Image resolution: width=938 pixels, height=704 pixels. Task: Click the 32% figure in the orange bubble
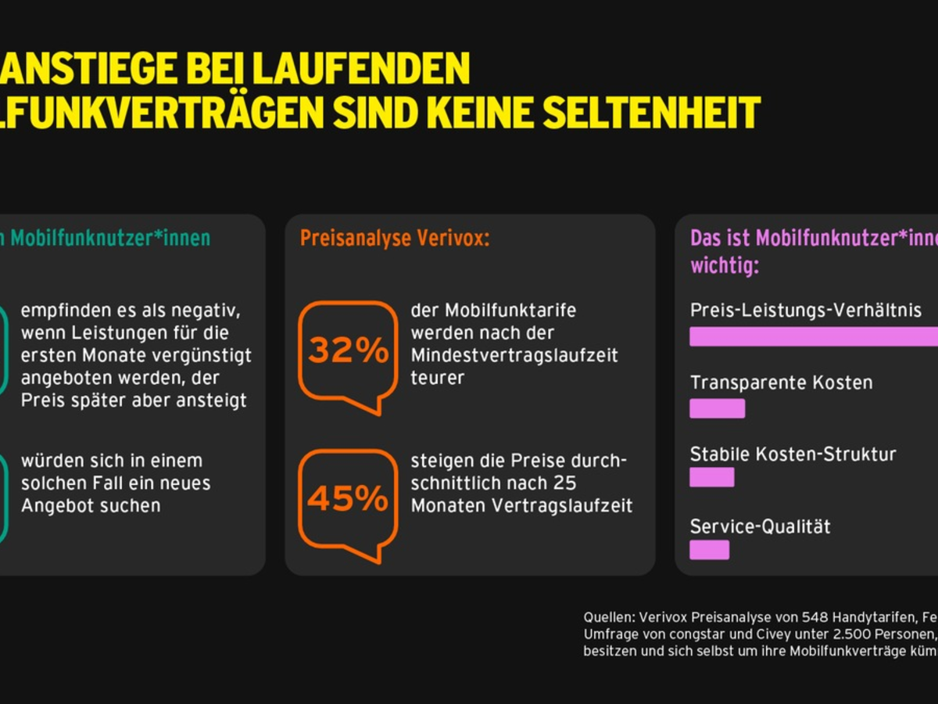(x=348, y=351)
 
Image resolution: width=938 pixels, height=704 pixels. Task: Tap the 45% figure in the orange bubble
(x=348, y=499)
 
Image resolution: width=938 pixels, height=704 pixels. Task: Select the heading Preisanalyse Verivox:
(x=395, y=239)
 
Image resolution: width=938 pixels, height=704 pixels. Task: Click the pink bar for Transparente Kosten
(x=717, y=408)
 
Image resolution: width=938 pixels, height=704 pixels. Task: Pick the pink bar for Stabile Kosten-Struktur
(x=711, y=477)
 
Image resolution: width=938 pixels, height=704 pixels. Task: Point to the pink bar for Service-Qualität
(x=709, y=549)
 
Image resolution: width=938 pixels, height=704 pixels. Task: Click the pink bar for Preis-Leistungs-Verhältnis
(x=813, y=336)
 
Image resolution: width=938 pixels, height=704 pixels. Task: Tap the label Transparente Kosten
(x=781, y=383)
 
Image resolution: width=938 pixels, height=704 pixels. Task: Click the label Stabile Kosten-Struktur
(x=793, y=454)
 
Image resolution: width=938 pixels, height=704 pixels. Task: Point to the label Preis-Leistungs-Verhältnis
(x=806, y=311)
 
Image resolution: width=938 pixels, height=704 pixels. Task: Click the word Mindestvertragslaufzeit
(x=514, y=355)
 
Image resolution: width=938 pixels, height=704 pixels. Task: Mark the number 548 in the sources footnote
(x=748, y=616)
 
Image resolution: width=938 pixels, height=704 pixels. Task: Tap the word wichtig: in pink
(x=724, y=266)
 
